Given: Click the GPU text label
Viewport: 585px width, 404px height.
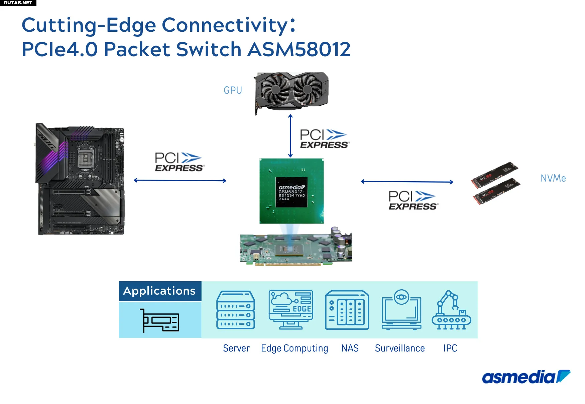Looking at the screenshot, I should coord(233,90).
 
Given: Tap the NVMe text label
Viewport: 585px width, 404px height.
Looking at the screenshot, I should coord(553,178).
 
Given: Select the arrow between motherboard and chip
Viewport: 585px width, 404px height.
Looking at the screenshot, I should coord(180,181).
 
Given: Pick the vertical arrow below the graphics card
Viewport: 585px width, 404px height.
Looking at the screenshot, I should coord(290,136).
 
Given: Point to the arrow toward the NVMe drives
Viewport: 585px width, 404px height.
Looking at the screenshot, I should coord(407,182).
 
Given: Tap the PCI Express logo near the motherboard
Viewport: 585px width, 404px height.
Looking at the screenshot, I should coord(179,162).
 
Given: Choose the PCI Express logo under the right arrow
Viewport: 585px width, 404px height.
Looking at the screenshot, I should coord(413,200).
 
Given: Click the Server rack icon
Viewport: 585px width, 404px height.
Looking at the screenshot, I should coord(236,310).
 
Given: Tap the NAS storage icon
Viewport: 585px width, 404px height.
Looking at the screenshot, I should coord(347,310).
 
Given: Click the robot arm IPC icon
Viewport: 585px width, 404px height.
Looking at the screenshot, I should coord(451,310).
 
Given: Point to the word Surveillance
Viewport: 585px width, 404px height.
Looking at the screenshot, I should coord(400,348).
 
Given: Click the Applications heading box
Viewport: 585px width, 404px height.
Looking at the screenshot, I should coord(160,291).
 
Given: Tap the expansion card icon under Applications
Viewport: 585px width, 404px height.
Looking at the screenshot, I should coord(160,320).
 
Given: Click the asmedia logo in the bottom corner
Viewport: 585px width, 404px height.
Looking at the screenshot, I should coord(526,377).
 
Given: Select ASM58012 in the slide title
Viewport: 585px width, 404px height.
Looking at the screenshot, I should coord(299,49).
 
